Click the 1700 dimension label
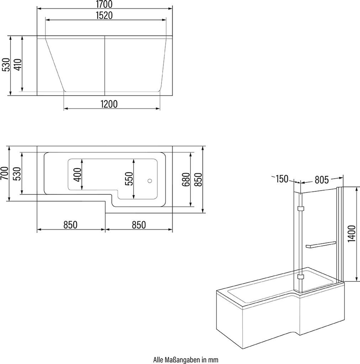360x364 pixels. pos(104,4)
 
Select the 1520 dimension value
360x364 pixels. pos(104,15)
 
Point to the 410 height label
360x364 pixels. pos(18,65)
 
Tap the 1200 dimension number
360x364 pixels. pos(109,104)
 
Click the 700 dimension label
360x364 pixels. pos(4,173)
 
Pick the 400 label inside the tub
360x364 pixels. pos(78,175)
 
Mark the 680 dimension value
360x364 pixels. pos(186,179)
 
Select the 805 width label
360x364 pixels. pos(322,180)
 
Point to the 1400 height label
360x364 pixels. pos(352,233)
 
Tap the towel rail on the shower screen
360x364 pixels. pos(321,245)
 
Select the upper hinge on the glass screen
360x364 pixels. pos(301,208)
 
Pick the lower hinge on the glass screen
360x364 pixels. pos(301,277)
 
